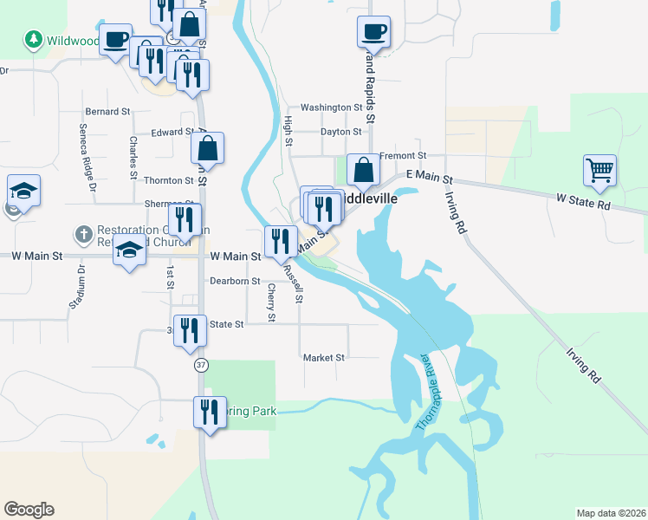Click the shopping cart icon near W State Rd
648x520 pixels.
599,170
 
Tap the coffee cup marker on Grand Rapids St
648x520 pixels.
373,32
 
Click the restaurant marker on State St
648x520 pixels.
190,330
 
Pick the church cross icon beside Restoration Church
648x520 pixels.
83,234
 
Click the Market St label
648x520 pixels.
324,357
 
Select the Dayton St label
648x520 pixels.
340,132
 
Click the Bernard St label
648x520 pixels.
107,112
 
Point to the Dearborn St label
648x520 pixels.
235,281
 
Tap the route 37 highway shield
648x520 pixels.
200,366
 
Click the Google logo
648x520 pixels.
29,510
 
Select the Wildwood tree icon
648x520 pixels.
34,39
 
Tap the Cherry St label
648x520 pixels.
271,303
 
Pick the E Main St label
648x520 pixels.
434,177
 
